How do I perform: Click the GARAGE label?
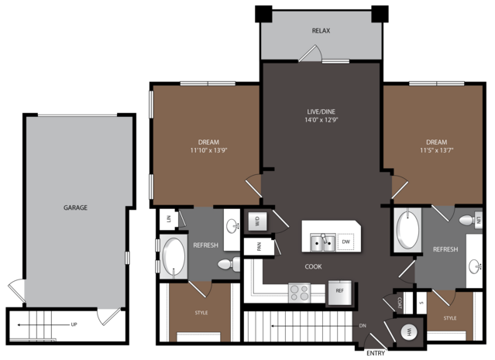click(75, 207)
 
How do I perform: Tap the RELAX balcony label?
click(321, 31)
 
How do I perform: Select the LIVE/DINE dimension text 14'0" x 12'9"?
click(321, 120)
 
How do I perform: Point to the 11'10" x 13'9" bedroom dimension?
click(208, 150)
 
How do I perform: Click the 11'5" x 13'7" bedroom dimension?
click(437, 150)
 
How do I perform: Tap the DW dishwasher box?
click(345, 242)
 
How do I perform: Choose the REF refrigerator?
click(339, 293)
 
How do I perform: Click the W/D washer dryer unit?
click(257, 221)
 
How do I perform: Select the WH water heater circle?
click(409, 332)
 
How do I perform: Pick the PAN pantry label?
click(260, 246)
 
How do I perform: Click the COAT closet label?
click(400, 303)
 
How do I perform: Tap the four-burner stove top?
click(299, 293)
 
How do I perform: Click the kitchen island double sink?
click(322, 242)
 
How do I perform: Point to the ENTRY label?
click(376, 353)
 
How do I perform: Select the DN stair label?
click(363, 326)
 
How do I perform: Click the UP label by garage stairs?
click(74, 324)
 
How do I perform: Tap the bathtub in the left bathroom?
click(174, 256)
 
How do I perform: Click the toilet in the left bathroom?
click(229, 264)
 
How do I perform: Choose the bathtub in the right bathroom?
click(408, 230)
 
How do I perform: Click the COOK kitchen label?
click(314, 266)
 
